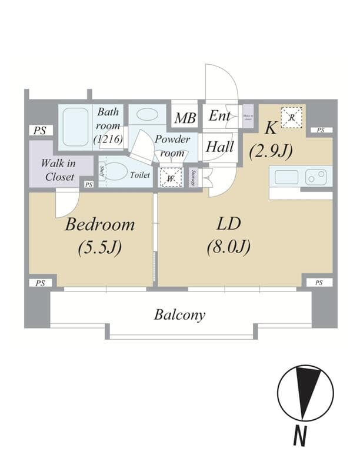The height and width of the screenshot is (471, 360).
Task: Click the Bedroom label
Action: [99, 224]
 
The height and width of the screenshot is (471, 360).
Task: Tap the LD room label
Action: [228, 224]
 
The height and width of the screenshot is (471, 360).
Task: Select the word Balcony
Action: [179, 315]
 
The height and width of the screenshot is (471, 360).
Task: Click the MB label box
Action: [185, 118]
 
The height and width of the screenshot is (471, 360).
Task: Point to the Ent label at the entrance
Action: [219, 116]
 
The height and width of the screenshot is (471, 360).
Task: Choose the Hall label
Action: [219, 146]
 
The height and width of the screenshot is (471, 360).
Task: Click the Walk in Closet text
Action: [58, 170]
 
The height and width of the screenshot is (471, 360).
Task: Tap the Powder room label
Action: [172, 146]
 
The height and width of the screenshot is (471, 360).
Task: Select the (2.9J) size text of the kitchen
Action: [271, 151]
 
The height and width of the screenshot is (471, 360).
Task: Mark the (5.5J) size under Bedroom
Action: [99, 247]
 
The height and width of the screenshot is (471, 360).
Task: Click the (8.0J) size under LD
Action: [228, 247]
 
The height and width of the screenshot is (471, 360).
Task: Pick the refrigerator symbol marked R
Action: [291, 117]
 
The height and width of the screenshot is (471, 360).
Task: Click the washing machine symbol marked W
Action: [170, 177]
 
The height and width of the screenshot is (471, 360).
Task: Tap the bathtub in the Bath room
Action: [75, 128]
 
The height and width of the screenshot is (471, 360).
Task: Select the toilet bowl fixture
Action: [118, 172]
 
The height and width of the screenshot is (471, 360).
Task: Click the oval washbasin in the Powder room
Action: [146, 114]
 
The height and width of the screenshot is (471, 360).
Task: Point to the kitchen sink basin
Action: [285, 176]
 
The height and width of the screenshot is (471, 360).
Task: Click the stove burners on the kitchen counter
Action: [316, 175]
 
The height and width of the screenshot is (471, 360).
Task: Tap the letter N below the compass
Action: [301, 437]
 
